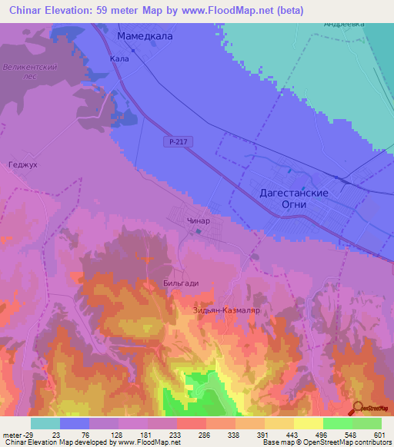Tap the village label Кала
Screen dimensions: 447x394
pos(119,58)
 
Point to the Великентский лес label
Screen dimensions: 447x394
pos(31,72)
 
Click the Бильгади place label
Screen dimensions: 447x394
pos(181,283)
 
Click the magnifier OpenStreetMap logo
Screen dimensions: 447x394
pos(359,409)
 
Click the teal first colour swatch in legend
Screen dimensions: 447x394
pos(45,423)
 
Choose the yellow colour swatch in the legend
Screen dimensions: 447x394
pos(309,423)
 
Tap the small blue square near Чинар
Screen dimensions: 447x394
pos(199,230)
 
